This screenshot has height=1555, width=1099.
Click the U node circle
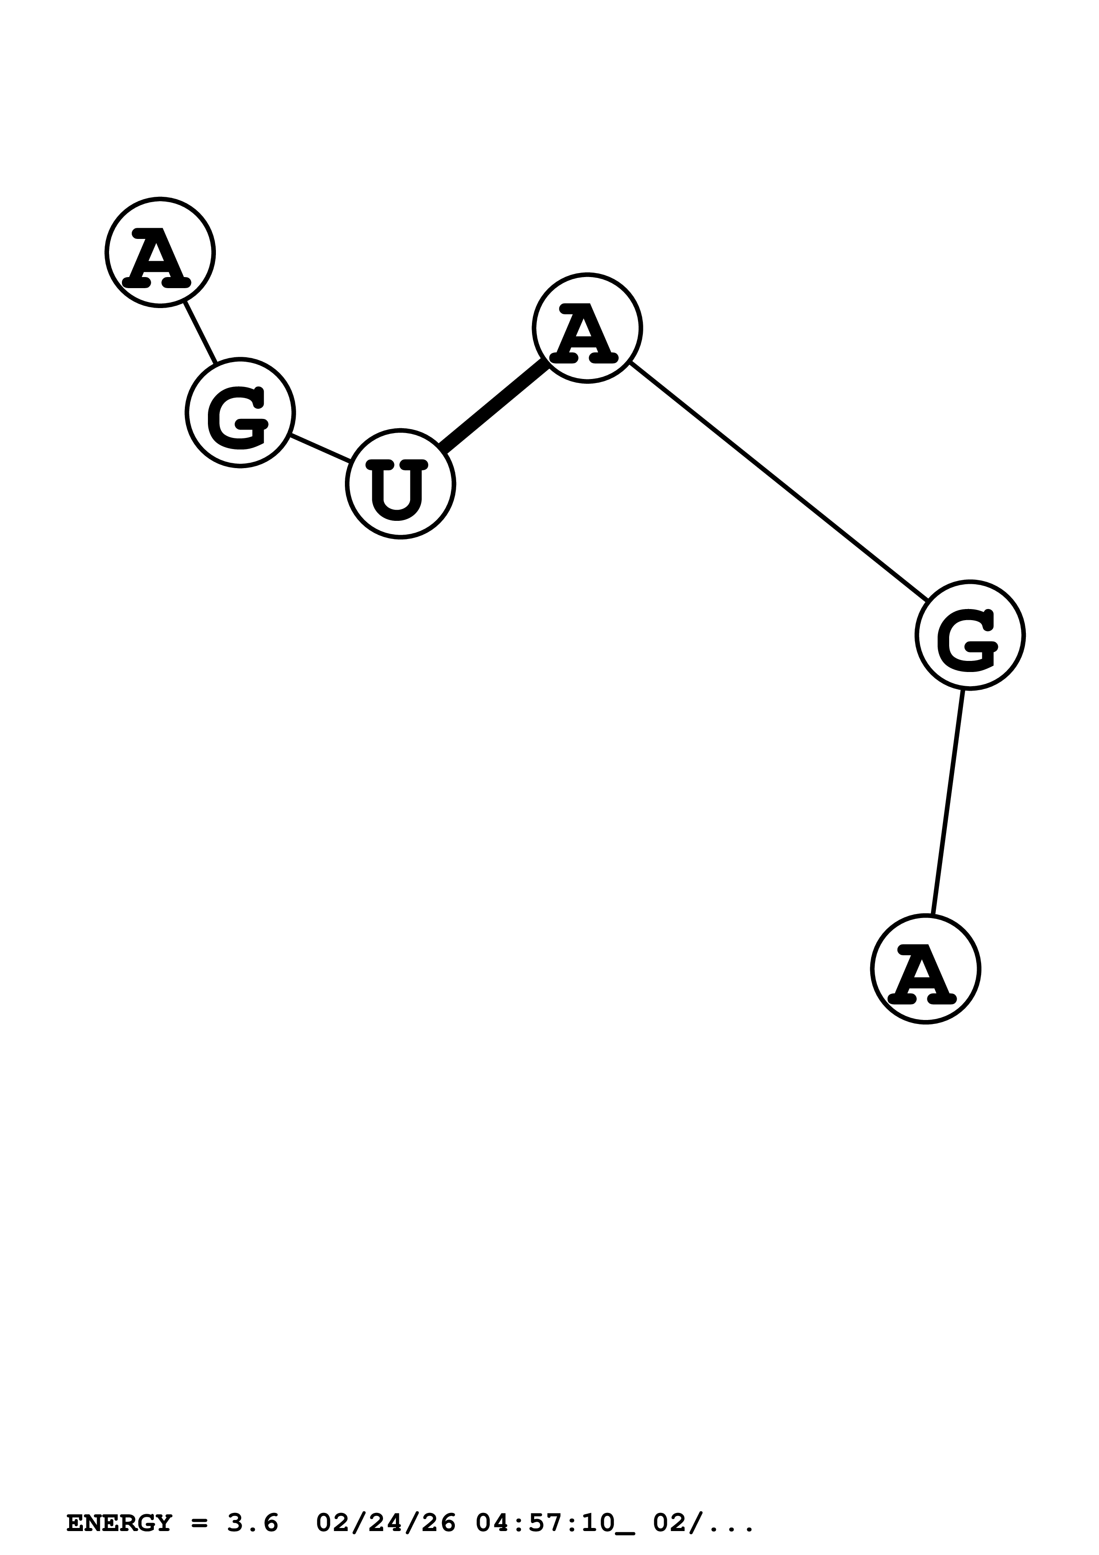coord(400,484)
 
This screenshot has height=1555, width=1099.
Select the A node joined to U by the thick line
coord(587,328)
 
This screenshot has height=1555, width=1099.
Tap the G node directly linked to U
coord(240,412)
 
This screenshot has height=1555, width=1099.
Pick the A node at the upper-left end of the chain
coord(160,252)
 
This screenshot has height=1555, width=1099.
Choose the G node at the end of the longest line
coord(970,635)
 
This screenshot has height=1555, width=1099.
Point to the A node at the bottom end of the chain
coord(925,969)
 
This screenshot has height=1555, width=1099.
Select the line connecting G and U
coord(320,448)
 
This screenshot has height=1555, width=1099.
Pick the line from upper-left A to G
coord(200,332)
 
